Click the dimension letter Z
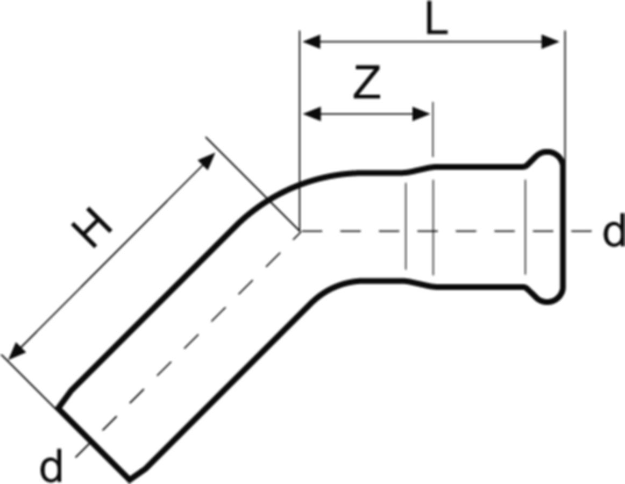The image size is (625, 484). tap(367, 82)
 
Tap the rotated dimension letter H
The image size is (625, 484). tap(91, 227)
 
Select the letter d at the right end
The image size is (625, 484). tap(614, 231)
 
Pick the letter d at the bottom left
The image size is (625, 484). tap(52, 465)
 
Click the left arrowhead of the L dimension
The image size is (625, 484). tap(312, 41)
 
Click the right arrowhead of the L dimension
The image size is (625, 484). tap(550, 41)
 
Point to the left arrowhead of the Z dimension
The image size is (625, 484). tap(312, 114)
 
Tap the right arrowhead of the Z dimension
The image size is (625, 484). tap(421, 114)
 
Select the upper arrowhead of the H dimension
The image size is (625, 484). tap(208, 161)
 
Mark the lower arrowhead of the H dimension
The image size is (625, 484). tap(16, 351)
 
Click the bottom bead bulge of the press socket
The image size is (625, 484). tap(546, 296)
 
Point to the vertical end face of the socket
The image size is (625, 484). tap(564, 226)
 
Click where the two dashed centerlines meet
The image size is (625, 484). tap(300, 231)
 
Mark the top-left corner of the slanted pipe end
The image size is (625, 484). tap(58, 408)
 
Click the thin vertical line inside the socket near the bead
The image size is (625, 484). tap(525, 227)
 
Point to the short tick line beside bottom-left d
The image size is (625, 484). tap(82, 451)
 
